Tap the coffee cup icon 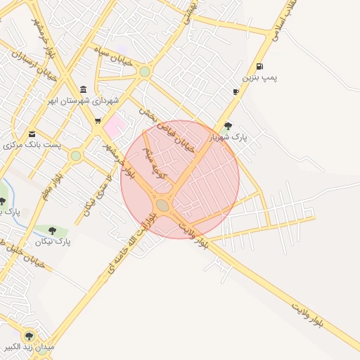click(235, 91)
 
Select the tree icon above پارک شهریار click(228, 126)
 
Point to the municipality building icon click(84, 90)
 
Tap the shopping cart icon click(98, 120)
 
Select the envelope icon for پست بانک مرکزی click(32, 134)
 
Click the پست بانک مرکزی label click(32, 145)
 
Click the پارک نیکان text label click(62, 242)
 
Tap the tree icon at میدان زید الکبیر click(29, 336)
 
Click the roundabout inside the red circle click(162, 205)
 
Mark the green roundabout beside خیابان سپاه click(145, 72)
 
